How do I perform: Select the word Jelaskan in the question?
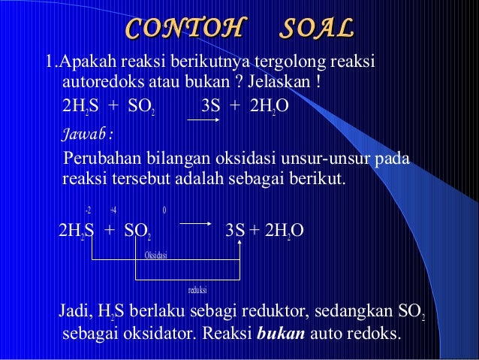point(282,80)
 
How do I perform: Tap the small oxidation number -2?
point(88,210)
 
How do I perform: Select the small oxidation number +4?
point(113,210)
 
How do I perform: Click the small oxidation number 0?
point(164,210)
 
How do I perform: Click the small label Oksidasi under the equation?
point(155,255)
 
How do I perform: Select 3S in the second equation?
point(234,230)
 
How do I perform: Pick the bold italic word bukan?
point(280,333)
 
